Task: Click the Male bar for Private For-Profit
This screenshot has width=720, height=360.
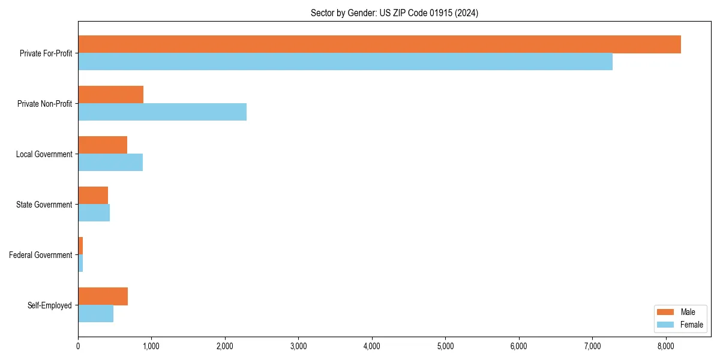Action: (379, 44)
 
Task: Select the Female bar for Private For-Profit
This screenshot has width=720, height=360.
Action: (345, 62)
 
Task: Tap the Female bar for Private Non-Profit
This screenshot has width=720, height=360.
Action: (162, 112)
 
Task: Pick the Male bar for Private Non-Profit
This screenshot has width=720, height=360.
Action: (110, 95)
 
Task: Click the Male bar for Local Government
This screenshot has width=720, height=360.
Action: (103, 145)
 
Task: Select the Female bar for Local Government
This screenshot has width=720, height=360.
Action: (110, 163)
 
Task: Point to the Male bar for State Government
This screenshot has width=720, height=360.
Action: (93, 196)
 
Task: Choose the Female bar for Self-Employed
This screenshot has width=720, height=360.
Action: (95, 314)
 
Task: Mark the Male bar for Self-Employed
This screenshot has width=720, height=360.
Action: (103, 296)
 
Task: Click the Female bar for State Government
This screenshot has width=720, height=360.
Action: (94, 213)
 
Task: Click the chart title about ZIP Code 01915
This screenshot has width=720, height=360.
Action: (394, 13)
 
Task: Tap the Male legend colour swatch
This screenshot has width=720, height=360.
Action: (665, 312)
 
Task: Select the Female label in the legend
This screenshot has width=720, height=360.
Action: (691, 325)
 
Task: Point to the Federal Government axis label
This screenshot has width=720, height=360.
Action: (40, 255)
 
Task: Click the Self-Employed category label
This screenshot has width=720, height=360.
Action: (49, 305)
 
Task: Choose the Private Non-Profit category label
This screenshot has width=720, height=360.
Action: (44, 104)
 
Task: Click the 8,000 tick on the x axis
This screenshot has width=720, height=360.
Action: (666, 346)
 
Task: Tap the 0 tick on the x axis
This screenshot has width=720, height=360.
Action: (78, 346)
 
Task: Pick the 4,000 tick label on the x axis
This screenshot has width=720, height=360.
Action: (372, 346)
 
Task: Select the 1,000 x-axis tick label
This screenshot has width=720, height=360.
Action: (151, 346)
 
